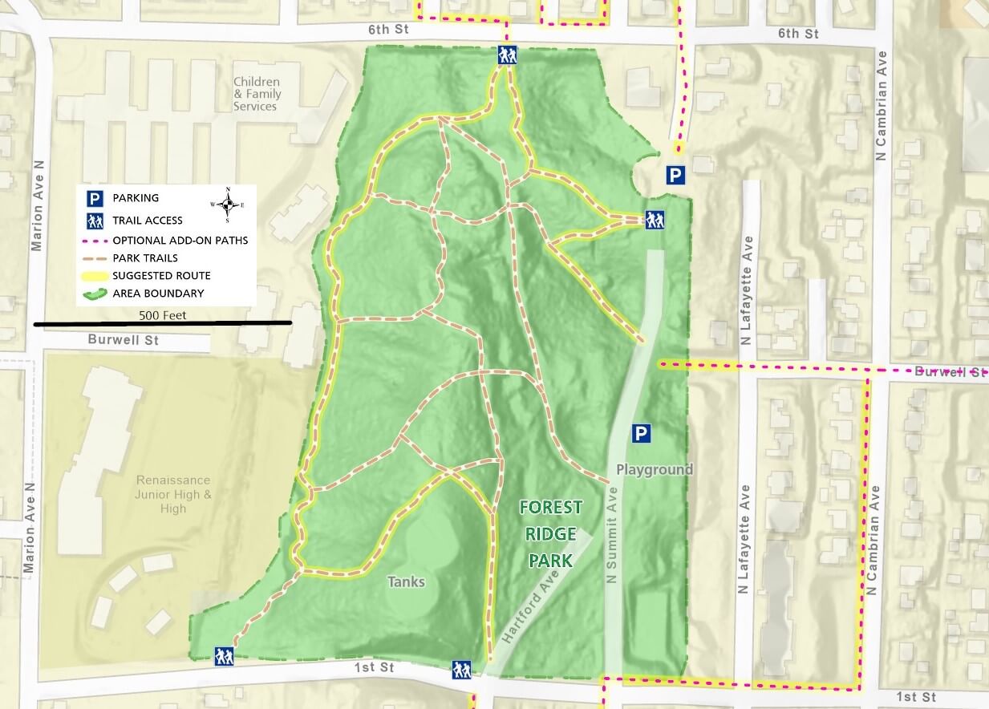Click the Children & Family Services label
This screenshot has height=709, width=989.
point(257,94)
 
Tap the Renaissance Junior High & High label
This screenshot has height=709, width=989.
point(173,494)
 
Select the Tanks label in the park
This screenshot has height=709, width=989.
point(406,581)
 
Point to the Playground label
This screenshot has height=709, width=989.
point(655,469)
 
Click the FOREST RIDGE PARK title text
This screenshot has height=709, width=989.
point(550,533)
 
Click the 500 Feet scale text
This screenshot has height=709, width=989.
point(162,315)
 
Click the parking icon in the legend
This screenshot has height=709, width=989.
point(95,198)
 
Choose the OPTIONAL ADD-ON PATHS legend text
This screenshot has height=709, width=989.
point(180,240)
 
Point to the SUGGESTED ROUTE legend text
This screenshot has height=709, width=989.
point(161,275)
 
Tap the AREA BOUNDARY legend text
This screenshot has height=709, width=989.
point(158,294)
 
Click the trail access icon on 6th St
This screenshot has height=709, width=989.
point(507,55)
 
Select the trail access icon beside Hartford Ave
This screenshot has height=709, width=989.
point(461,669)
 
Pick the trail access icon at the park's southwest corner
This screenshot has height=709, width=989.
point(224,656)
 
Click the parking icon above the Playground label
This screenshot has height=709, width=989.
point(640,434)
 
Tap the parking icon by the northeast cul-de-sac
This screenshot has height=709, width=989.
point(675,175)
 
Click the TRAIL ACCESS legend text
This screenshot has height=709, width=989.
point(148,221)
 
